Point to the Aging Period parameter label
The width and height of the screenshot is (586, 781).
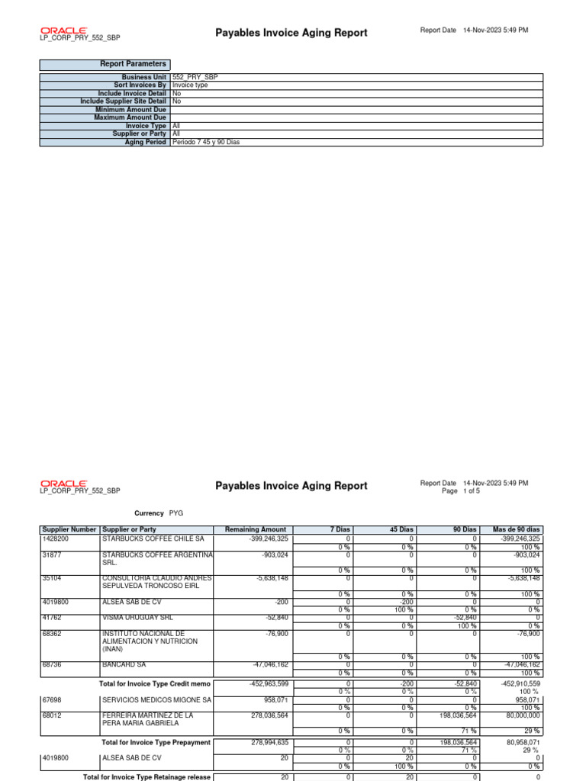click(x=145, y=143)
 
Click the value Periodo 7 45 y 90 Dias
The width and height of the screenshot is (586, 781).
click(x=206, y=143)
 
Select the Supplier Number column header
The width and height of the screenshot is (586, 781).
click(x=69, y=529)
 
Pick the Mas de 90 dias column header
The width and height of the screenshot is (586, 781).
click(x=517, y=529)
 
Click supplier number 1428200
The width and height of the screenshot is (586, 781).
click(x=56, y=538)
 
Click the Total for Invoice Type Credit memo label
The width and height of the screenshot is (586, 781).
click(x=155, y=683)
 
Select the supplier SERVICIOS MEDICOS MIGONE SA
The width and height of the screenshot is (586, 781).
click(x=156, y=699)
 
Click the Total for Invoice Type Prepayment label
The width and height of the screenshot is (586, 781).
click(x=156, y=742)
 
